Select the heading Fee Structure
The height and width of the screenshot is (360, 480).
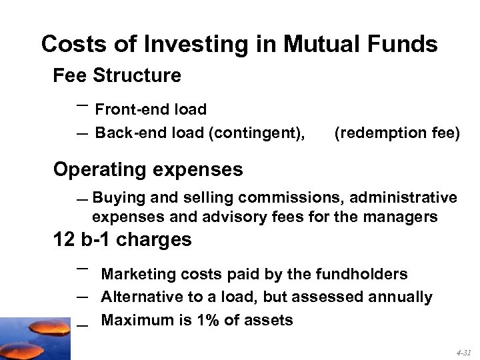point(117,76)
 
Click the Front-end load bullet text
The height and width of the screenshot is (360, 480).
point(151,109)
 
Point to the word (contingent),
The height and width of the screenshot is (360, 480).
point(257,133)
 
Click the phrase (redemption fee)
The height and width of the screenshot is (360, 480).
point(397,133)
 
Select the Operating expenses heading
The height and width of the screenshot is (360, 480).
point(148,169)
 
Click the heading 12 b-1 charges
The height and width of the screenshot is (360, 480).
point(122,239)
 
